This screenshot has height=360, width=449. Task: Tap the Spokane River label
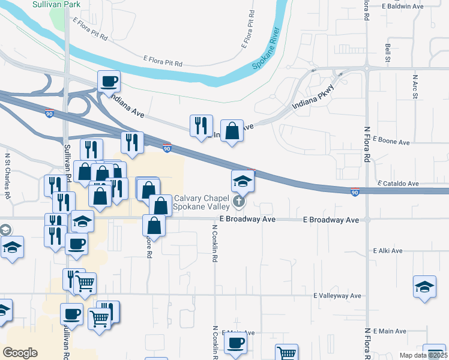coord(265,47)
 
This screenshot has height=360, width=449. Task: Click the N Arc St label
coord(415,87)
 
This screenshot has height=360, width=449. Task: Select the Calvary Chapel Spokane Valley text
coord(197,203)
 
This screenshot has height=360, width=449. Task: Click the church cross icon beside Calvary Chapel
coord(239,202)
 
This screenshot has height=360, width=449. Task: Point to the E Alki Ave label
coord(388,250)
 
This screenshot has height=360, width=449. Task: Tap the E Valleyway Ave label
coord(337,296)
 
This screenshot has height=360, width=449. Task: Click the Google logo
coord(20,353)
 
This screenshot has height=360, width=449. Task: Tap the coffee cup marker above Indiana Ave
coord(109,81)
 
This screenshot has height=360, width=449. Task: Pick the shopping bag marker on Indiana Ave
coord(232,130)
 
